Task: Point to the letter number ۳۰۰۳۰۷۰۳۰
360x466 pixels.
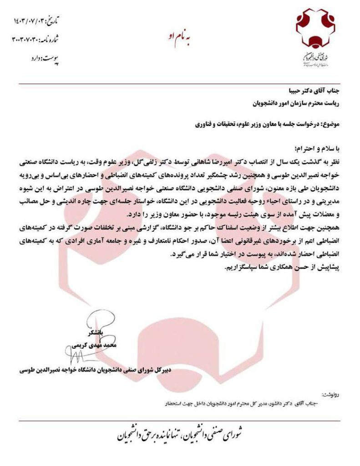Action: (38, 39)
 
